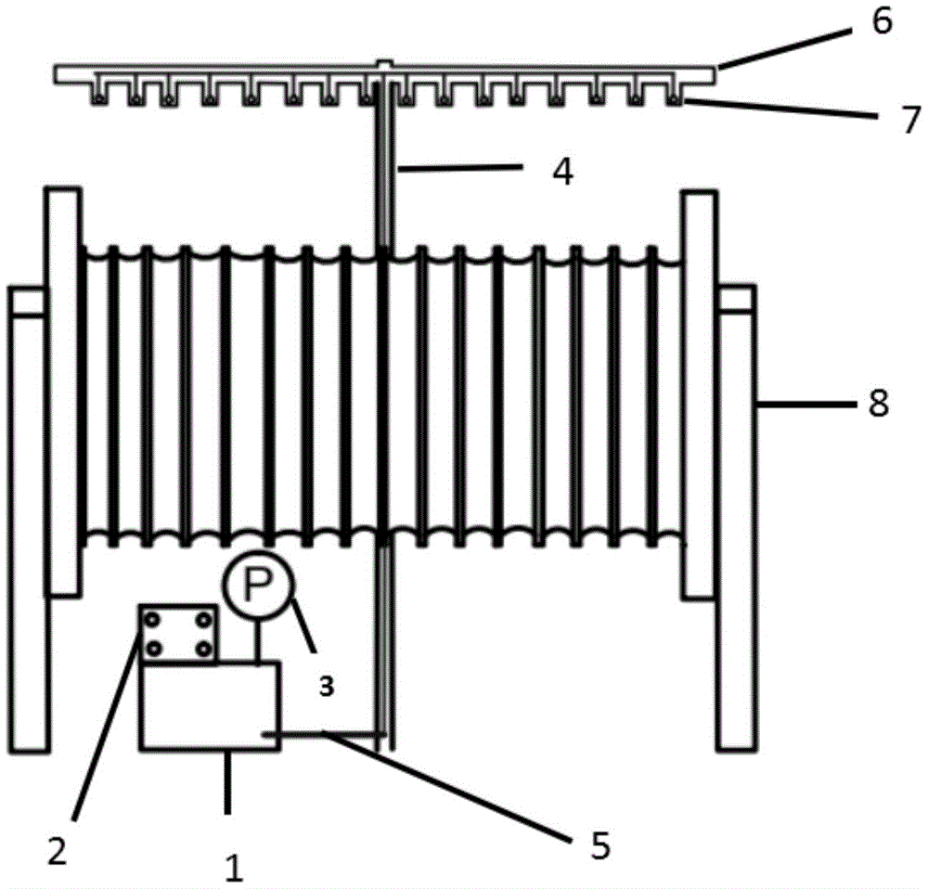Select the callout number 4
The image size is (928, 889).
(562, 171)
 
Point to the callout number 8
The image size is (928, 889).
(877, 404)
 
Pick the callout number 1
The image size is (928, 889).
(234, 868)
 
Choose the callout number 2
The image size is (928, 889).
(58, 851)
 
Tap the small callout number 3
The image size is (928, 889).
(326, 688)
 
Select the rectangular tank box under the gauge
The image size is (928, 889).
(209, 705)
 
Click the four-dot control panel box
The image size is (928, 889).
(177, 635)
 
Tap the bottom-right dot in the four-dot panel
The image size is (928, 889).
(201, 650)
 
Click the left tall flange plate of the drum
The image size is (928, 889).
(63, 390)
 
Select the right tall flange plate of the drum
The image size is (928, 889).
(700, 394)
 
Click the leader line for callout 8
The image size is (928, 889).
(803, 405)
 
